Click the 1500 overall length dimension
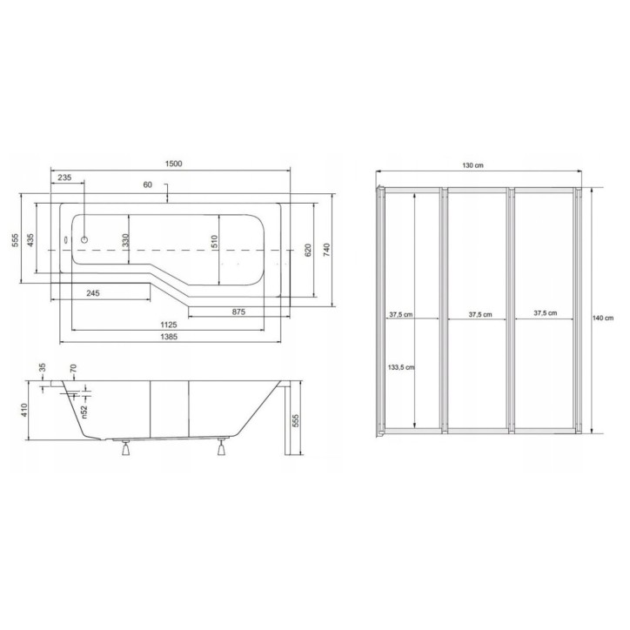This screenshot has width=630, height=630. click(173, 164)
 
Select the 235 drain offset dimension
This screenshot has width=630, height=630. click(64, 178)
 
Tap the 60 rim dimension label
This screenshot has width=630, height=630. click(147, 184)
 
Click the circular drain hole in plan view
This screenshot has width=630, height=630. click(84, 240)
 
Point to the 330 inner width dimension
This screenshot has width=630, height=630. click(126, 240)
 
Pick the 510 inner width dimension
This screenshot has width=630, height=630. click(215, 242)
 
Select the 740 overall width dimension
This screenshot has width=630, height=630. click(326, 250)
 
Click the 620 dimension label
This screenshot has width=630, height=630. click(308, 250)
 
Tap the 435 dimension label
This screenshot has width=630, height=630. click(30, 240)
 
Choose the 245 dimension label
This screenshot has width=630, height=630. click(93, 293)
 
